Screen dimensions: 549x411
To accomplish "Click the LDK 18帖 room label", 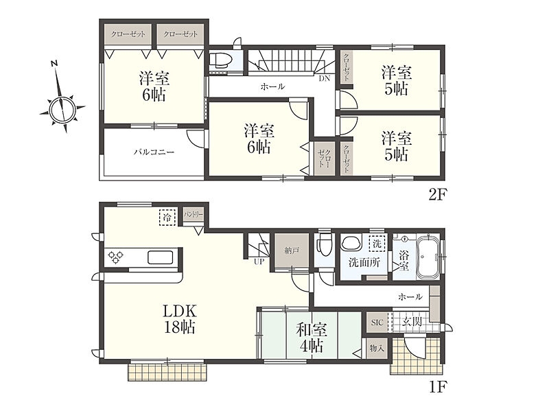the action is coord(179,318).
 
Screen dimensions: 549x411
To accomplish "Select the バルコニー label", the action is coord(154,152).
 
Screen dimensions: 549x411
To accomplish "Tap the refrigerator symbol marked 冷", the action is coord(167,218).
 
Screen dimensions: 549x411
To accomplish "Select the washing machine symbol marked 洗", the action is coord(377,243).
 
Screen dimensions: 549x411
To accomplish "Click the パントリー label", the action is coord(194,215).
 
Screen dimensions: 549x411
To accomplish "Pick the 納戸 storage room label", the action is coord(292,250).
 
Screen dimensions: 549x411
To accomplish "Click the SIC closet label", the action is coord(377,322).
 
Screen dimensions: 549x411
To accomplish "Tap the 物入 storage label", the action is coord(377,349).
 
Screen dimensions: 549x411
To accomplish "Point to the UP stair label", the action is coord(259,261).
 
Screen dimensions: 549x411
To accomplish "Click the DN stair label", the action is coord(324,78).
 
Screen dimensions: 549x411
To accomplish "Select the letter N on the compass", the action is coord(54,64).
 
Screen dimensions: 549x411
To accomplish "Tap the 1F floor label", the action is coord(438,386).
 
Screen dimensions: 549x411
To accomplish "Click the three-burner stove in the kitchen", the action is coord(115,257).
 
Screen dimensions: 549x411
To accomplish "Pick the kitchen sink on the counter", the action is coord(160,257).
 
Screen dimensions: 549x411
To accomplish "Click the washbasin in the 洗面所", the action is coord(351,244).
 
